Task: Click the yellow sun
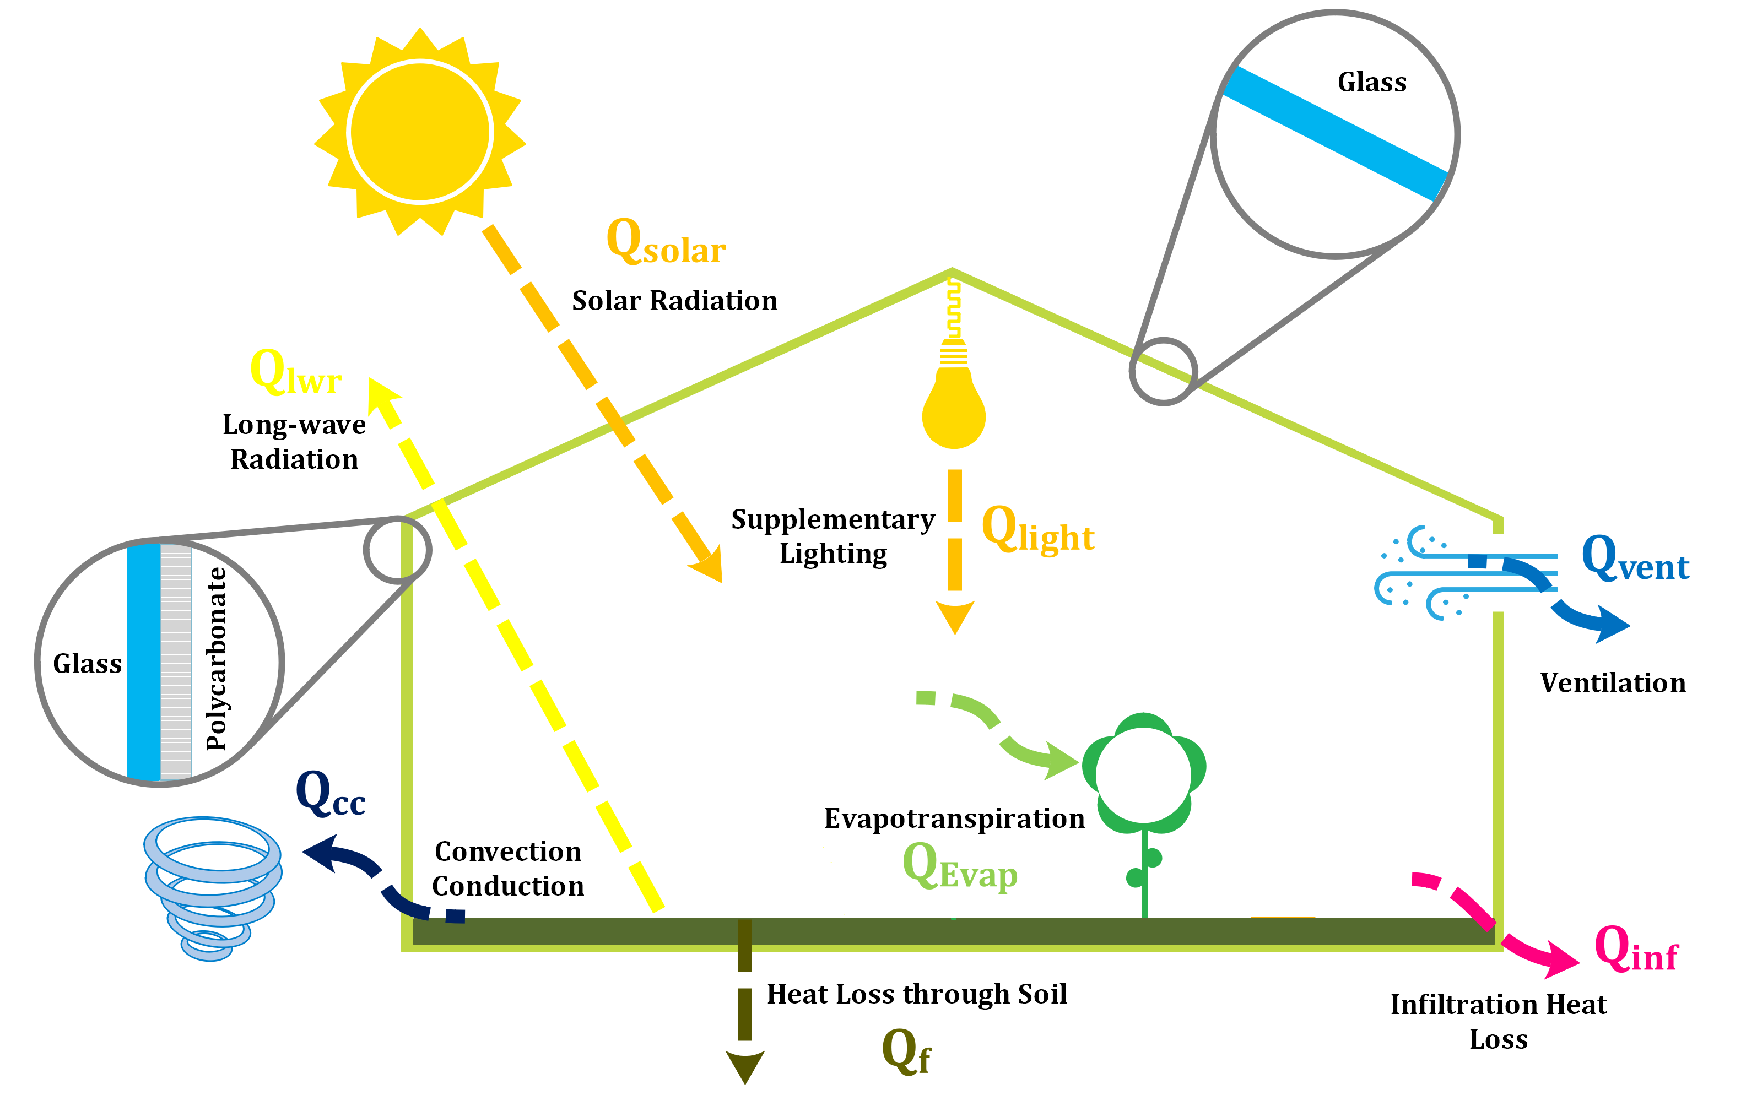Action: tap(420, 132)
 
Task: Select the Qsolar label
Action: tap(666, 242)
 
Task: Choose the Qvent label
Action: tap(1636, 559)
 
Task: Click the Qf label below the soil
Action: tap(906, 1051)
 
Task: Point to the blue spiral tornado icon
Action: tap(212, 886)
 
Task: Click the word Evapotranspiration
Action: tap(954, 818)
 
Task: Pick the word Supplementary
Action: tap(832, 519)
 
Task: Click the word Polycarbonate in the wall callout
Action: tap(217, 658)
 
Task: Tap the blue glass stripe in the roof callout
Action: tap(1334, 133)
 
